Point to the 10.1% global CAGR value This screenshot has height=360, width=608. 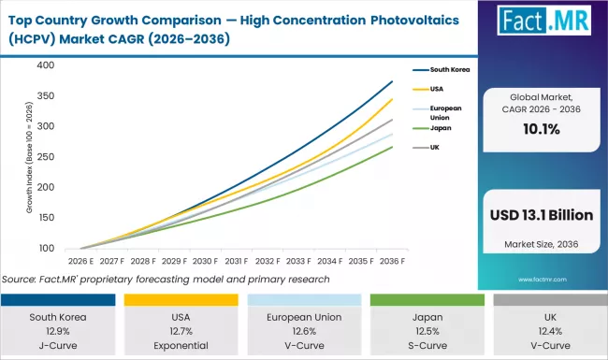coord(541,131)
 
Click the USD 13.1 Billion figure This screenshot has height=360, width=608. coord(541,215)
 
